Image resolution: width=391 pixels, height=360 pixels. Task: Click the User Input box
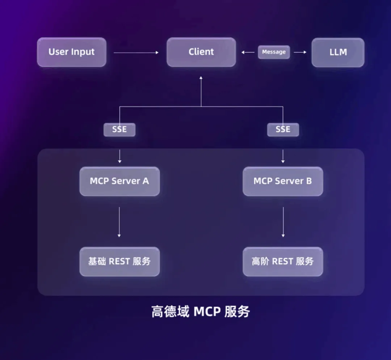pos(72,52)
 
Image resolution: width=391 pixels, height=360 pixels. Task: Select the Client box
pos(201,52)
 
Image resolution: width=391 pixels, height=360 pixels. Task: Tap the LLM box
pos(338,52)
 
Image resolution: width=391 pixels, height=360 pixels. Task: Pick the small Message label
pos(274,52)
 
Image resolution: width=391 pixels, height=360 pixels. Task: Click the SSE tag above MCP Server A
pos(119,130)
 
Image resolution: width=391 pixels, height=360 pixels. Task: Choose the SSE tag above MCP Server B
pos(283,130)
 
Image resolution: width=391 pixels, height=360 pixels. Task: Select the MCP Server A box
pos(120,181)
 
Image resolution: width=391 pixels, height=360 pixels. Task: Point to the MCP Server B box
pos(283,181)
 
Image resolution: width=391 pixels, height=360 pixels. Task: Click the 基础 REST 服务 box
pos(120,262)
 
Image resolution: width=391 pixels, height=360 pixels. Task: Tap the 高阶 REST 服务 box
pos(283,262)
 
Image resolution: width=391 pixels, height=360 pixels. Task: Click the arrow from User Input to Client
pos(136,52)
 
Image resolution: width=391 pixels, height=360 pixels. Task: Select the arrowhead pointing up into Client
pos(201,78)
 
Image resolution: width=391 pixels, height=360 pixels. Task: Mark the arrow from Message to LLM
pos(300,52)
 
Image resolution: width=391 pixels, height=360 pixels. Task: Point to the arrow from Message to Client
pos(248,52)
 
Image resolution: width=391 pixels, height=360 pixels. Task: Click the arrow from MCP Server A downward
pos(119,222)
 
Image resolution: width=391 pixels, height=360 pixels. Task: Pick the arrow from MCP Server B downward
pos(283,222)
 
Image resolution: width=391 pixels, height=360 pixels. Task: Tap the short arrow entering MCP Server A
pos(120,156)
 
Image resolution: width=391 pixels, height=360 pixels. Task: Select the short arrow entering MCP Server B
pos(283,156)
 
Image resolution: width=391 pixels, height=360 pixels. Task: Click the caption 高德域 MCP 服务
pos(201,312)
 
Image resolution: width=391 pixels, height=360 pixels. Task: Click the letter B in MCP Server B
pos(309,181)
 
